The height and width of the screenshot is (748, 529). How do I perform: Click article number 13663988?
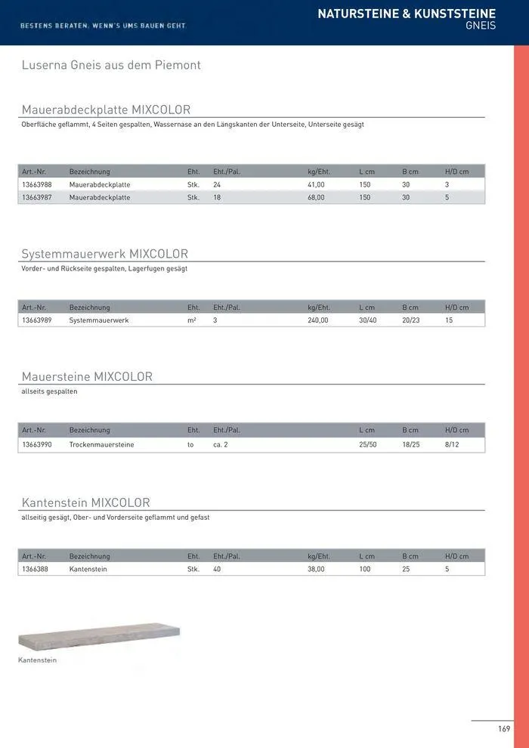37,184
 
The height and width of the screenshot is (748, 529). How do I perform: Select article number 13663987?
37,197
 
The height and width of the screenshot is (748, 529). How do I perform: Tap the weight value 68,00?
316,197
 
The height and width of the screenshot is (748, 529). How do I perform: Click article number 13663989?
37,320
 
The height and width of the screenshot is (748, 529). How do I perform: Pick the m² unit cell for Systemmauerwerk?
192,320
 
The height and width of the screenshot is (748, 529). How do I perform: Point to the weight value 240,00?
318,320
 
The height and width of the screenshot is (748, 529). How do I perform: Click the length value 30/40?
368,320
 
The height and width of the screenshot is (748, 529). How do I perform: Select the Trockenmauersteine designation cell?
101,445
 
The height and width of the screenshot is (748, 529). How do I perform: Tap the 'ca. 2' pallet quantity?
221,445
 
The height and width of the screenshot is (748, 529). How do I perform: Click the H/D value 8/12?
453,445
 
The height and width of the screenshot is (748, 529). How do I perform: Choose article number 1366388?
36,569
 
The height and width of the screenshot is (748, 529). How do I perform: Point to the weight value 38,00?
316,569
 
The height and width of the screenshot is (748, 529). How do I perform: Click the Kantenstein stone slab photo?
99,637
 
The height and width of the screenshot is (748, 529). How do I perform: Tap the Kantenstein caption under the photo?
38,660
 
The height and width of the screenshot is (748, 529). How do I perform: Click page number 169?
504,729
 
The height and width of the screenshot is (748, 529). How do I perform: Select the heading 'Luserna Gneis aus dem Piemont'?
111,66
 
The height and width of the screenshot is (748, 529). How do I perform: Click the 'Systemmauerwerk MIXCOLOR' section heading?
105,254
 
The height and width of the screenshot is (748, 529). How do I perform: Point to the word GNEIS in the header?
481,26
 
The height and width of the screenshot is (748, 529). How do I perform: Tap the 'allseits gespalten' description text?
50,392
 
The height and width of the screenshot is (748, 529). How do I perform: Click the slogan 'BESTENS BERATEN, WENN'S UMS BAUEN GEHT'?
104,26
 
